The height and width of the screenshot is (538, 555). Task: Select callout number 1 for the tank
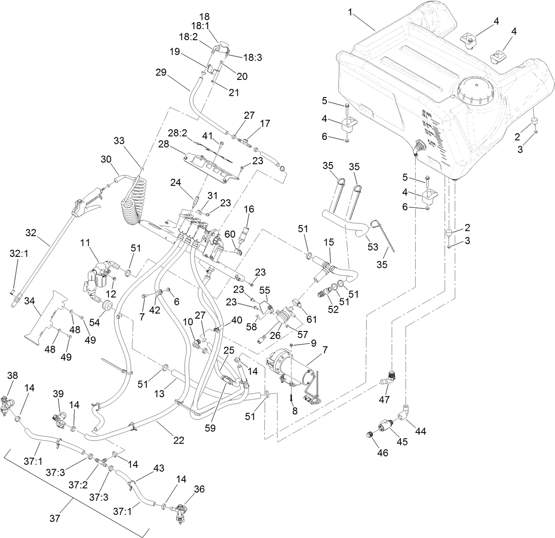(x=351, y=12)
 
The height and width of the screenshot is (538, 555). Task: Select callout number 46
(x=382, y=453)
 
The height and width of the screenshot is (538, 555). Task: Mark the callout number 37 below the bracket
(x=54, y=519)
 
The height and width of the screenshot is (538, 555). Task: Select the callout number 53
(x=373, y=247)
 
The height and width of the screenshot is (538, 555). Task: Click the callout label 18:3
(x=253, y=57)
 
